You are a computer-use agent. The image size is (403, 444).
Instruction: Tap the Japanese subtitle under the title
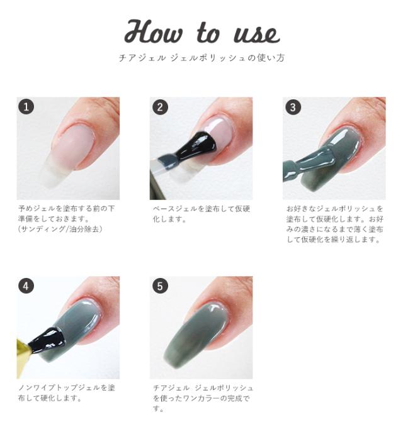pyautogui.click(x=201, y=58)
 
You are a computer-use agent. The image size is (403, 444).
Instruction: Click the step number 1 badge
pyautogui.click(x=26, y=107)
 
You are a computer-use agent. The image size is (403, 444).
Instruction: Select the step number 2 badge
pyautogui.click(x=160, y=107)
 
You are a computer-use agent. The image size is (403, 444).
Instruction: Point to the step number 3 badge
pyautogui.click(x=293, y=107)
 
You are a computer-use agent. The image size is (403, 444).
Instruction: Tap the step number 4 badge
pyautogui.click(x=26, y=286)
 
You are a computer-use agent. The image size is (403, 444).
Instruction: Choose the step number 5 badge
pyautogui.click(x=160, y=286)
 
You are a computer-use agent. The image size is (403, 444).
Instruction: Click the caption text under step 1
pyautogui.click(x=66, y=218)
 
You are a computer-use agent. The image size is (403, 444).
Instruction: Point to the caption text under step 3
pyautogui.click(x=334, y=223)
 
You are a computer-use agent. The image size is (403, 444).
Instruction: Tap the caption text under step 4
pyautogui.click(x=66, y=392)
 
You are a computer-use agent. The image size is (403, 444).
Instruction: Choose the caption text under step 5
pyautogui.click(x=201, y=397)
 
